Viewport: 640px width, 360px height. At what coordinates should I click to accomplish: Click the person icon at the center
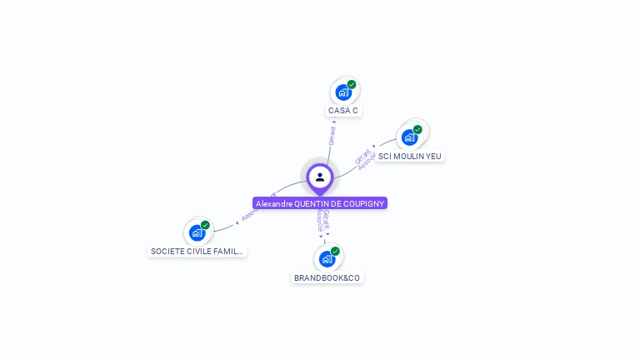pyautogui.click(x=320, y=177)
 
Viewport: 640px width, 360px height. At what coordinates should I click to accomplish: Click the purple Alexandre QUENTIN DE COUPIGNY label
pyautogui.click(x=320, y=203)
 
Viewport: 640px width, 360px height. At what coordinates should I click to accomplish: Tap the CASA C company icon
pyautogui.click(x=342, y=92)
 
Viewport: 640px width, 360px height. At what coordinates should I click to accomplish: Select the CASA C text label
pyautogui.click(x=343, y=111)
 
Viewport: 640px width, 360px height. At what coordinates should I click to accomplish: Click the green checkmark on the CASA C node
pyautogui.click(x=352, y=84)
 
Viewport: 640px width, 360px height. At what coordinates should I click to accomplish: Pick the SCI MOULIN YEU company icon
pyautogui.click(x=409, y=137)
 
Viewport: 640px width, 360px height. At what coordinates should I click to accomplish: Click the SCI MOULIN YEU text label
pyautogui.click(x=410, y=156)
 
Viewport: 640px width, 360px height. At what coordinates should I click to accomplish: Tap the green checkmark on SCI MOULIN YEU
pyautogui.click(x=417, y=129)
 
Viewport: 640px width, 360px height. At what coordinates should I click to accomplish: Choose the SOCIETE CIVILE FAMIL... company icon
pyautogui.click(x=197, y=232)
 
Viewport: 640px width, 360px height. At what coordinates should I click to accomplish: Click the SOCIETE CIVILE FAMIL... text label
pyautogui.click(x=197, y=251)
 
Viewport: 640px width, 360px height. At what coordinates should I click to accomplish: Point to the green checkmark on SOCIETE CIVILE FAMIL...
pyautogui.click(x=205, y=225)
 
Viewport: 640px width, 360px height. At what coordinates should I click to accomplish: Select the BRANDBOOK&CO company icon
pyautogui.click(x=327, y=259)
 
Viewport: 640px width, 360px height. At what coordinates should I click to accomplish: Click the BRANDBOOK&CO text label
pyautogui.click(x=327, y=277)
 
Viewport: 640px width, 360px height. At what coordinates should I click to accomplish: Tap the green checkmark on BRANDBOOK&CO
pyautogui.click(x=335, y=251)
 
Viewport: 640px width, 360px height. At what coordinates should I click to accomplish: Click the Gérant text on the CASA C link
pyautogui.click(x=332, y=136)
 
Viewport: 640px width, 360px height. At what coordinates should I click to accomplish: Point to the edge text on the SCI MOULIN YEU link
pyautogui.click(x=363, y=159)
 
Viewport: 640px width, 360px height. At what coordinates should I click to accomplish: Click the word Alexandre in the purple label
pyautogui.click(x=274, y=203)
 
